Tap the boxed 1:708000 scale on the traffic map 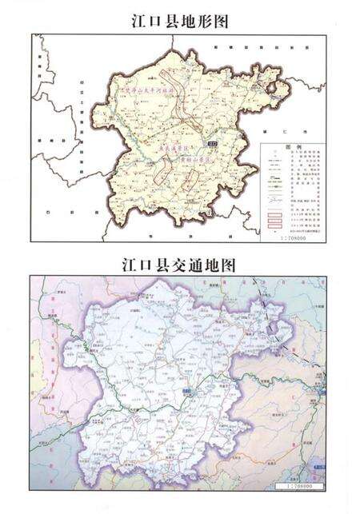[x=298, y=485]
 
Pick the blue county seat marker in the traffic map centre [x=186, y=391]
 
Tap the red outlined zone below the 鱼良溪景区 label [x=162, y=169]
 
